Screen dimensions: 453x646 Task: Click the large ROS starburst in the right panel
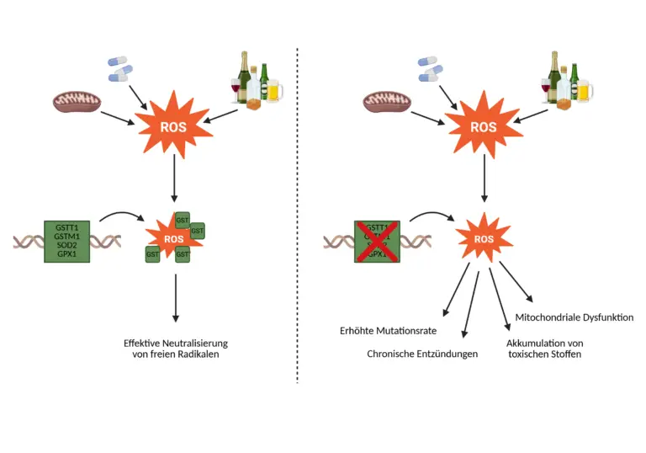click(x=483, y=128)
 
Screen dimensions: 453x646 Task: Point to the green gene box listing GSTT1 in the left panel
click(x=67, y=242)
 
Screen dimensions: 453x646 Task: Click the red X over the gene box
click(x=377, y=242)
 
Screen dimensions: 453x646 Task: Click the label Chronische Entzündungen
click(x=422, y=354)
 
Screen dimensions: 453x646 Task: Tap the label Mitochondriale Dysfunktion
click(x=574, y=317)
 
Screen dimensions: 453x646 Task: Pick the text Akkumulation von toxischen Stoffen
click(x=545, y=349)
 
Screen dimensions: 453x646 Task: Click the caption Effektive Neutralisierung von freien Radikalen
click(x=175, y=349)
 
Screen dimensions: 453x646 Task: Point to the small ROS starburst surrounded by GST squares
click(x=174, y=238)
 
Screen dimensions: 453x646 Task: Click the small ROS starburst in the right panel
click(x=483, y=238)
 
